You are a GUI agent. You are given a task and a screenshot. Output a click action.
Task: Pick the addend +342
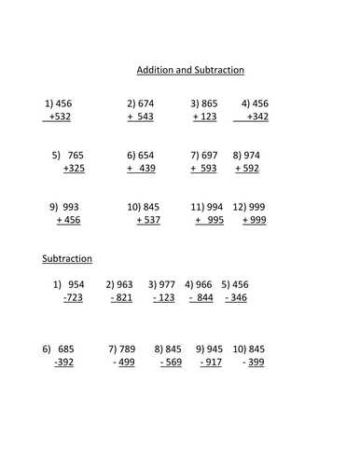coord(261,118)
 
